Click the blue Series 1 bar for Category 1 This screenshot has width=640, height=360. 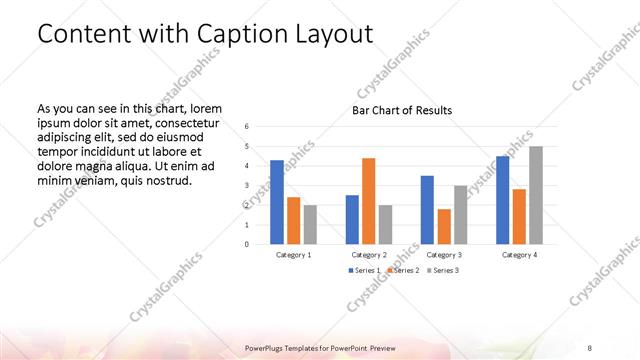(x=277, y=202)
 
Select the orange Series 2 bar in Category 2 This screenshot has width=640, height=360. (x=369, y=201)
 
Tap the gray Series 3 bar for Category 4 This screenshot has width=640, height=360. (x=536, y=195)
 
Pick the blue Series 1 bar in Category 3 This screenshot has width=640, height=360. (x=427, y=210)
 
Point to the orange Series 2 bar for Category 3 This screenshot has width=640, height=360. (x=444, y=227)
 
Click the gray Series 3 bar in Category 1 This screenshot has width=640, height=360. (x=310, y=225)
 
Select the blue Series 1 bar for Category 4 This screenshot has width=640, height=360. (x=502, y=200)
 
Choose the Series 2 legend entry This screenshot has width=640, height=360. (x=402, y=271)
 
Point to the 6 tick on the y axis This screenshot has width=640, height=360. (x=247, y=127)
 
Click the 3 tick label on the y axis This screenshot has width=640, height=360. (x=247, y=185)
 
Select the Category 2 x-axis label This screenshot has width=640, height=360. (x=369, y=255)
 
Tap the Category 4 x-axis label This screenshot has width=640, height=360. (x=519, y=255)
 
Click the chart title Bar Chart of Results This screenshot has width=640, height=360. (x=402, y=110)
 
